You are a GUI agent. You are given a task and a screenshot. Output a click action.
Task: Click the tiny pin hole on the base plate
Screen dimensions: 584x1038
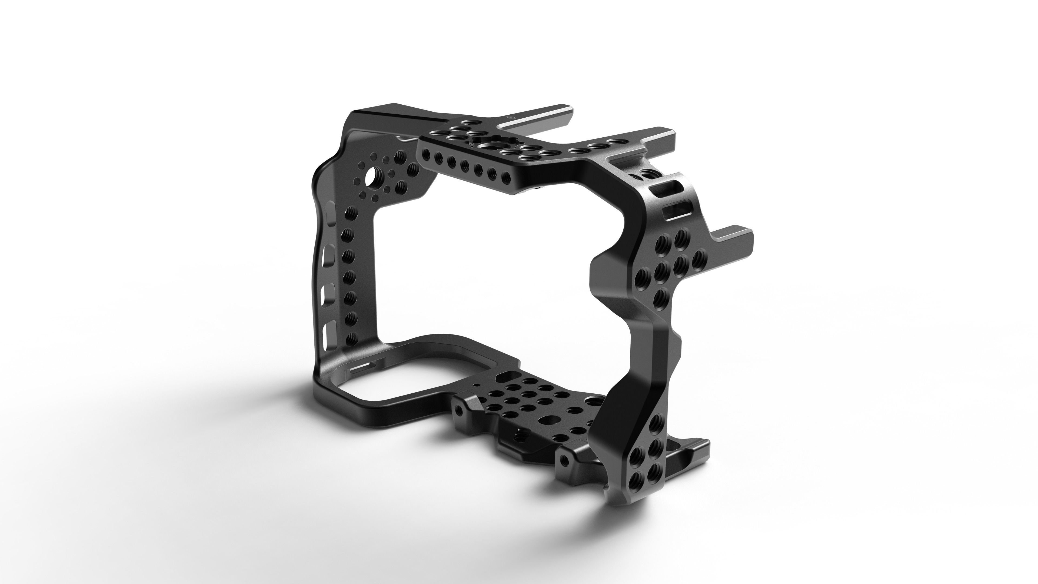tap(478, 385)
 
